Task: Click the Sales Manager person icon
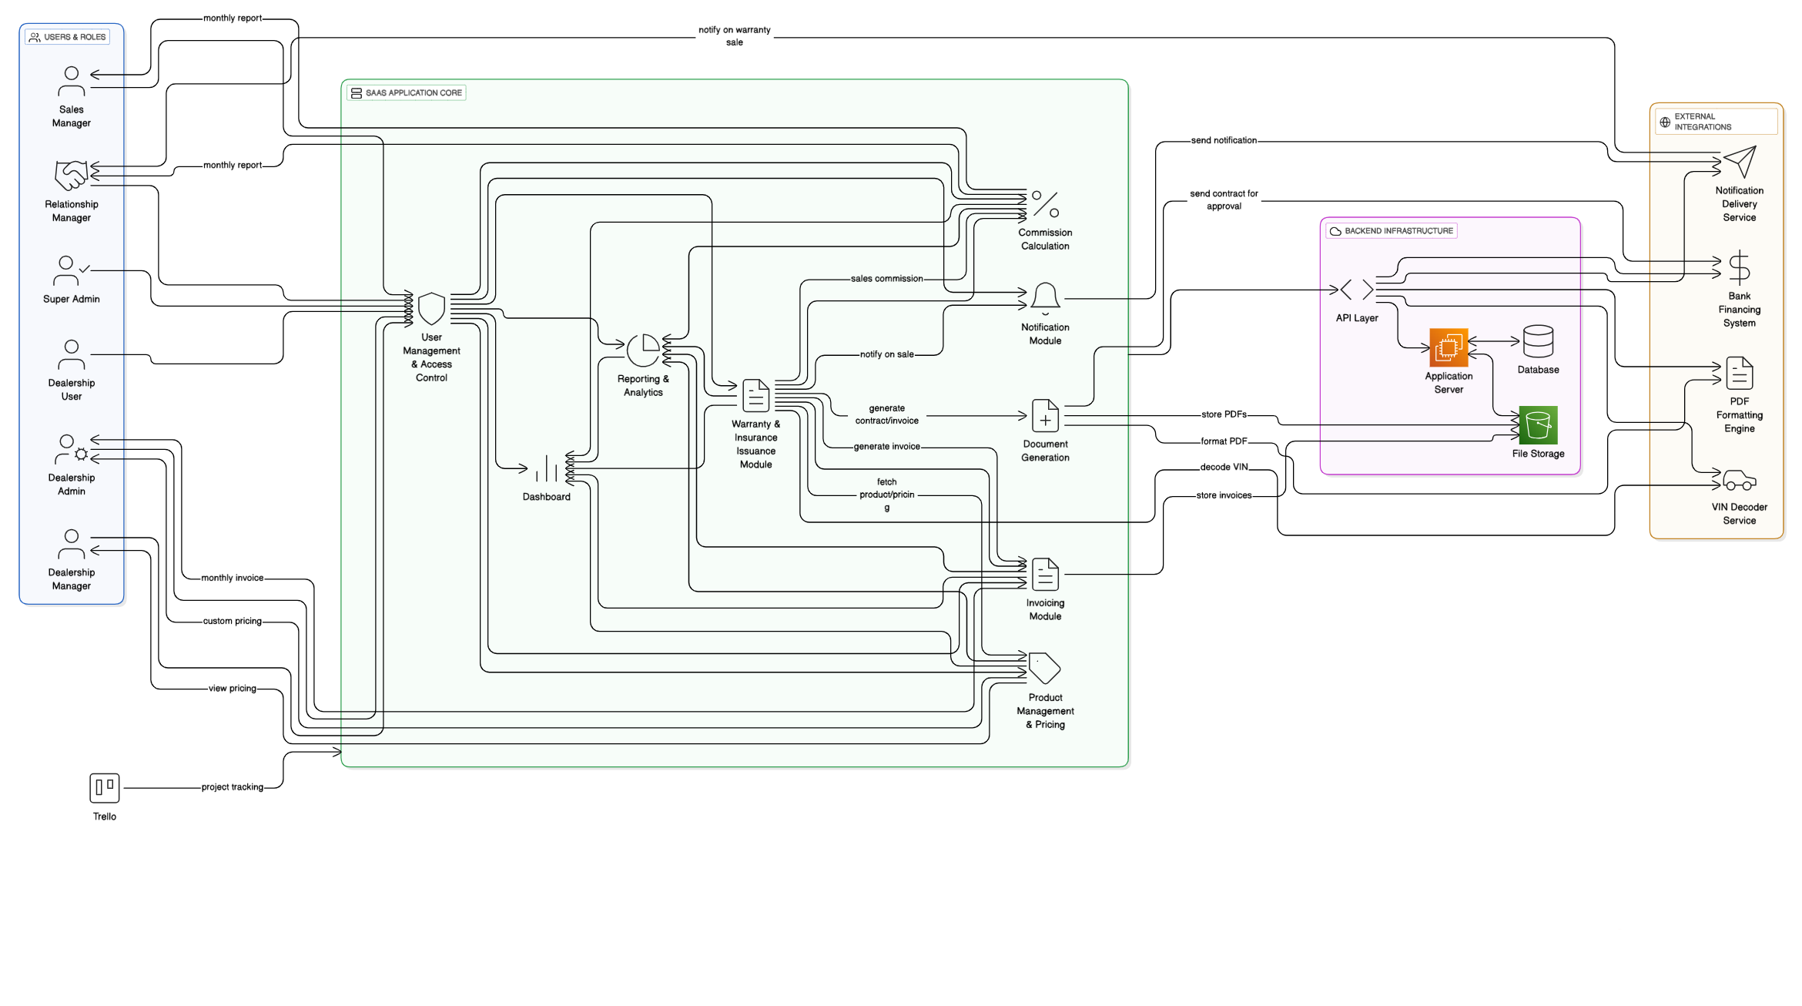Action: point(71,82)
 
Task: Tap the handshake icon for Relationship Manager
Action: point(71,176)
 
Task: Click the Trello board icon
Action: point(104,788)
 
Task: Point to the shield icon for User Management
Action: point(431,309)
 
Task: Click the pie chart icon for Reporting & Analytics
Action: point(643,350)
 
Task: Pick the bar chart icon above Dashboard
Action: point(546,468)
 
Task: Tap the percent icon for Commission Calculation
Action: point(1045,204)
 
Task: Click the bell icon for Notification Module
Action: point(1045,298)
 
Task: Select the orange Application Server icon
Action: point(1448,347)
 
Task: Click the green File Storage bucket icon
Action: point(1538,425)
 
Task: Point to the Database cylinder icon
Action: point(1538,341)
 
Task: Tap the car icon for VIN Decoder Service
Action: point(1739,481)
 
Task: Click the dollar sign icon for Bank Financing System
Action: point(1739,267)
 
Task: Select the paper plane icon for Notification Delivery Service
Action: point(1739,162)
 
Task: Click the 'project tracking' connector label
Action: point(232,787)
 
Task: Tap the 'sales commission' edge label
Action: point(886,279)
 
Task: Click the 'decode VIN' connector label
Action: point(1224,467)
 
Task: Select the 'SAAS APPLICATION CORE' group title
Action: point(413,93)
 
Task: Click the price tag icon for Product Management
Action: point(1044,668)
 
